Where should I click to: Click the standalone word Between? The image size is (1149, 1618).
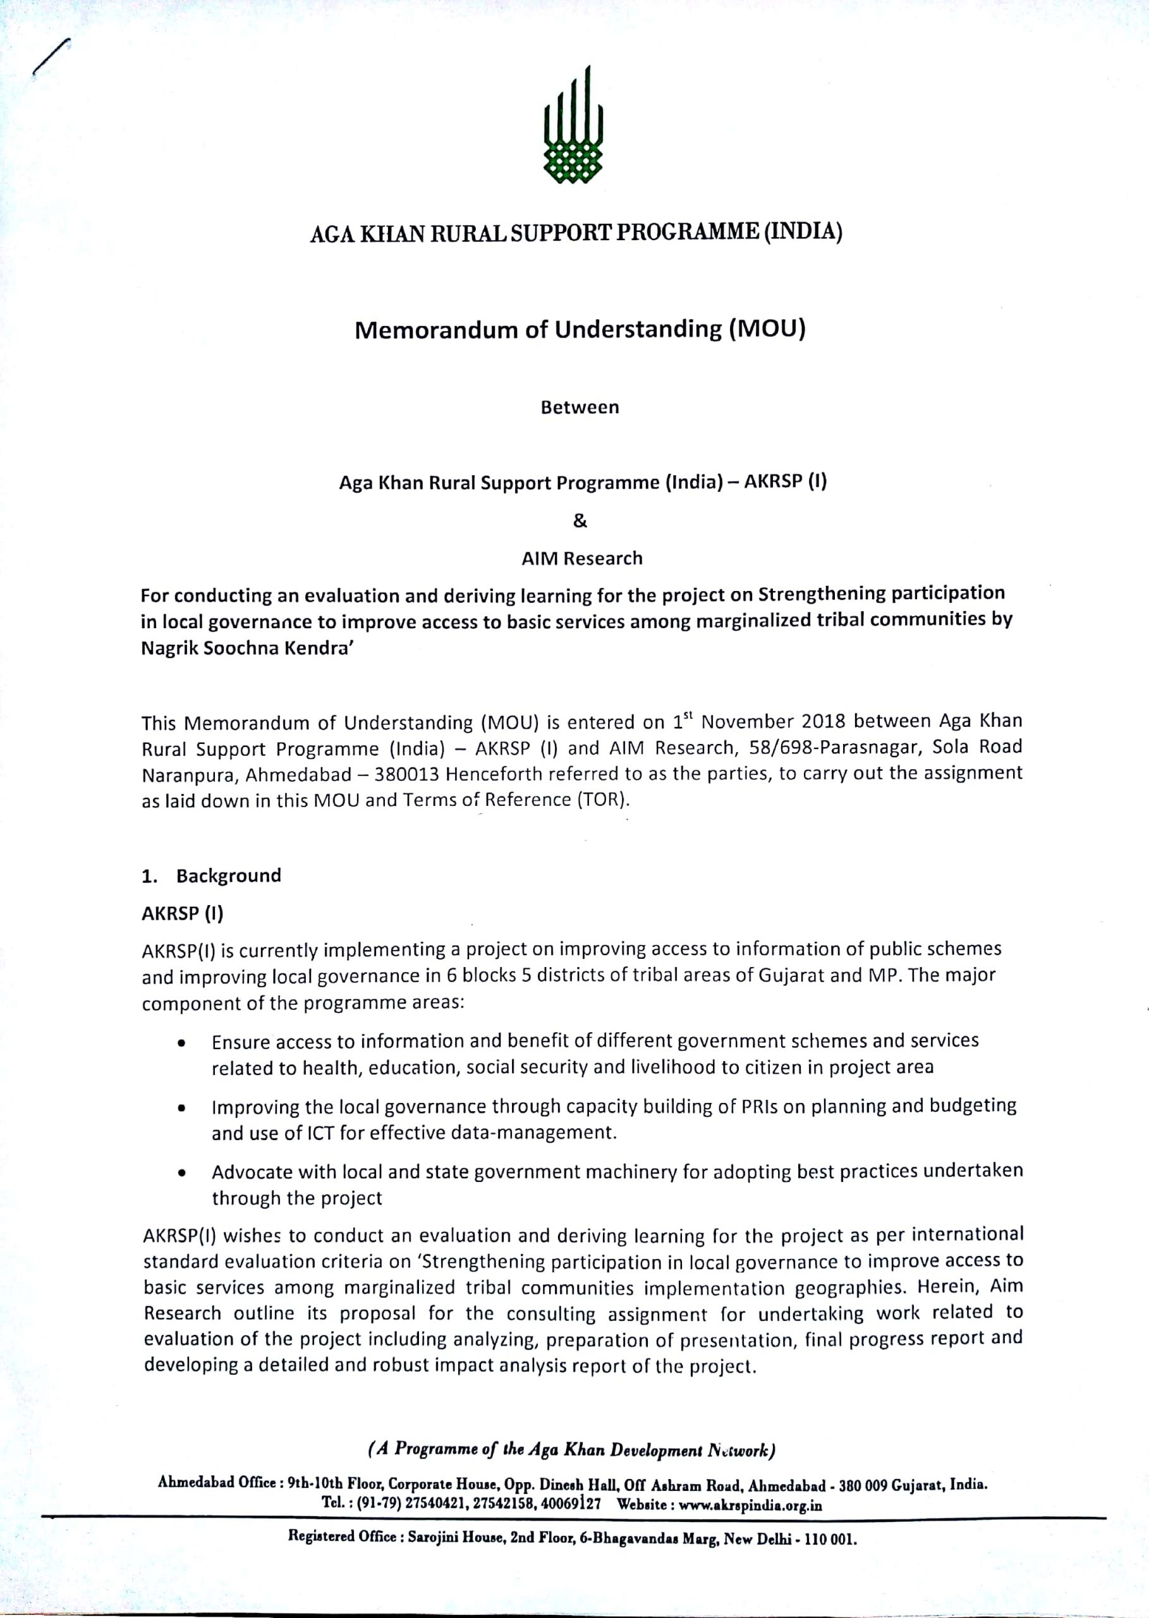click(580, 408)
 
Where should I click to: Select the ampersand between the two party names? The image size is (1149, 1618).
click(580, 521)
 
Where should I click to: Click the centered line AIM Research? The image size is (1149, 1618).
click(581, 558)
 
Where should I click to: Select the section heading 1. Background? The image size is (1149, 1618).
click(212, 875)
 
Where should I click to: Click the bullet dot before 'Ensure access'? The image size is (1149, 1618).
click(183, 1043)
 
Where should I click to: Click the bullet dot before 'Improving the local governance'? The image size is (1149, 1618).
click(183, 1109)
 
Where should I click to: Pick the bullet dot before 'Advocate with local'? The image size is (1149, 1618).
click(183, 1174)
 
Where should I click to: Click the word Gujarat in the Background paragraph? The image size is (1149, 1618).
click(793, 976)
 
